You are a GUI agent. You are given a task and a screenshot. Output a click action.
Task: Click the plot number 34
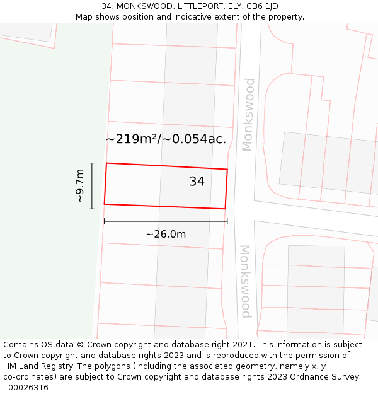click(197, 182)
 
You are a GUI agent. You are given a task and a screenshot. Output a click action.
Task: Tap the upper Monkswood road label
click(248, 114)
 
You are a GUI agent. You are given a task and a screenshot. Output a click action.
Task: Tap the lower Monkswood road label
click(245, 281)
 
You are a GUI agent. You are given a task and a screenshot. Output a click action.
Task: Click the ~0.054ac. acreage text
click(194, 139)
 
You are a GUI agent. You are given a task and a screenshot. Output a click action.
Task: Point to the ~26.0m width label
click(166, 235)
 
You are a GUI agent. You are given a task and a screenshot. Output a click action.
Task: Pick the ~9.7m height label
click(80, 185)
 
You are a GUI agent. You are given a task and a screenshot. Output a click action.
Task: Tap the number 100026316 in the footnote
click(25, 388)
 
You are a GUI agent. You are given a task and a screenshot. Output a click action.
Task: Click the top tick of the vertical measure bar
click(92, 163)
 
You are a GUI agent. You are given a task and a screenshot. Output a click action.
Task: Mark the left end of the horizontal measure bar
click(105, 221)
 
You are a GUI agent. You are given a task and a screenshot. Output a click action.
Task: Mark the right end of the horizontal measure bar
click(227, 221)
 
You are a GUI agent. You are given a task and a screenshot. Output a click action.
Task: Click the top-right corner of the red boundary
click(227, 169)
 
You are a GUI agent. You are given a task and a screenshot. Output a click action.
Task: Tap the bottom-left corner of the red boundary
click(105, 204)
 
